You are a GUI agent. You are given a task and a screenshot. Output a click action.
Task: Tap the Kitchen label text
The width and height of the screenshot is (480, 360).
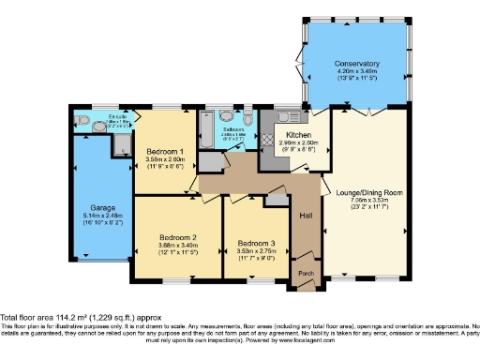coord(298,134)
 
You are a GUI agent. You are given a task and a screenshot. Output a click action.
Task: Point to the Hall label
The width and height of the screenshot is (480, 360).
coord(306,216)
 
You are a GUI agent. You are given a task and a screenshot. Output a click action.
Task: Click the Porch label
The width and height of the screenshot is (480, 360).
coord(306,273)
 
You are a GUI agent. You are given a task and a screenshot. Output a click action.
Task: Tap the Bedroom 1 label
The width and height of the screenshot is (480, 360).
coord(164,151)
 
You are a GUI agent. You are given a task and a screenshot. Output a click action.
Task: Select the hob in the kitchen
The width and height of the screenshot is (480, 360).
coord(266,137)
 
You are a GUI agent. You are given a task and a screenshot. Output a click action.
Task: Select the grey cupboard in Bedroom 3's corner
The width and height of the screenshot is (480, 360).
coord(277,198)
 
